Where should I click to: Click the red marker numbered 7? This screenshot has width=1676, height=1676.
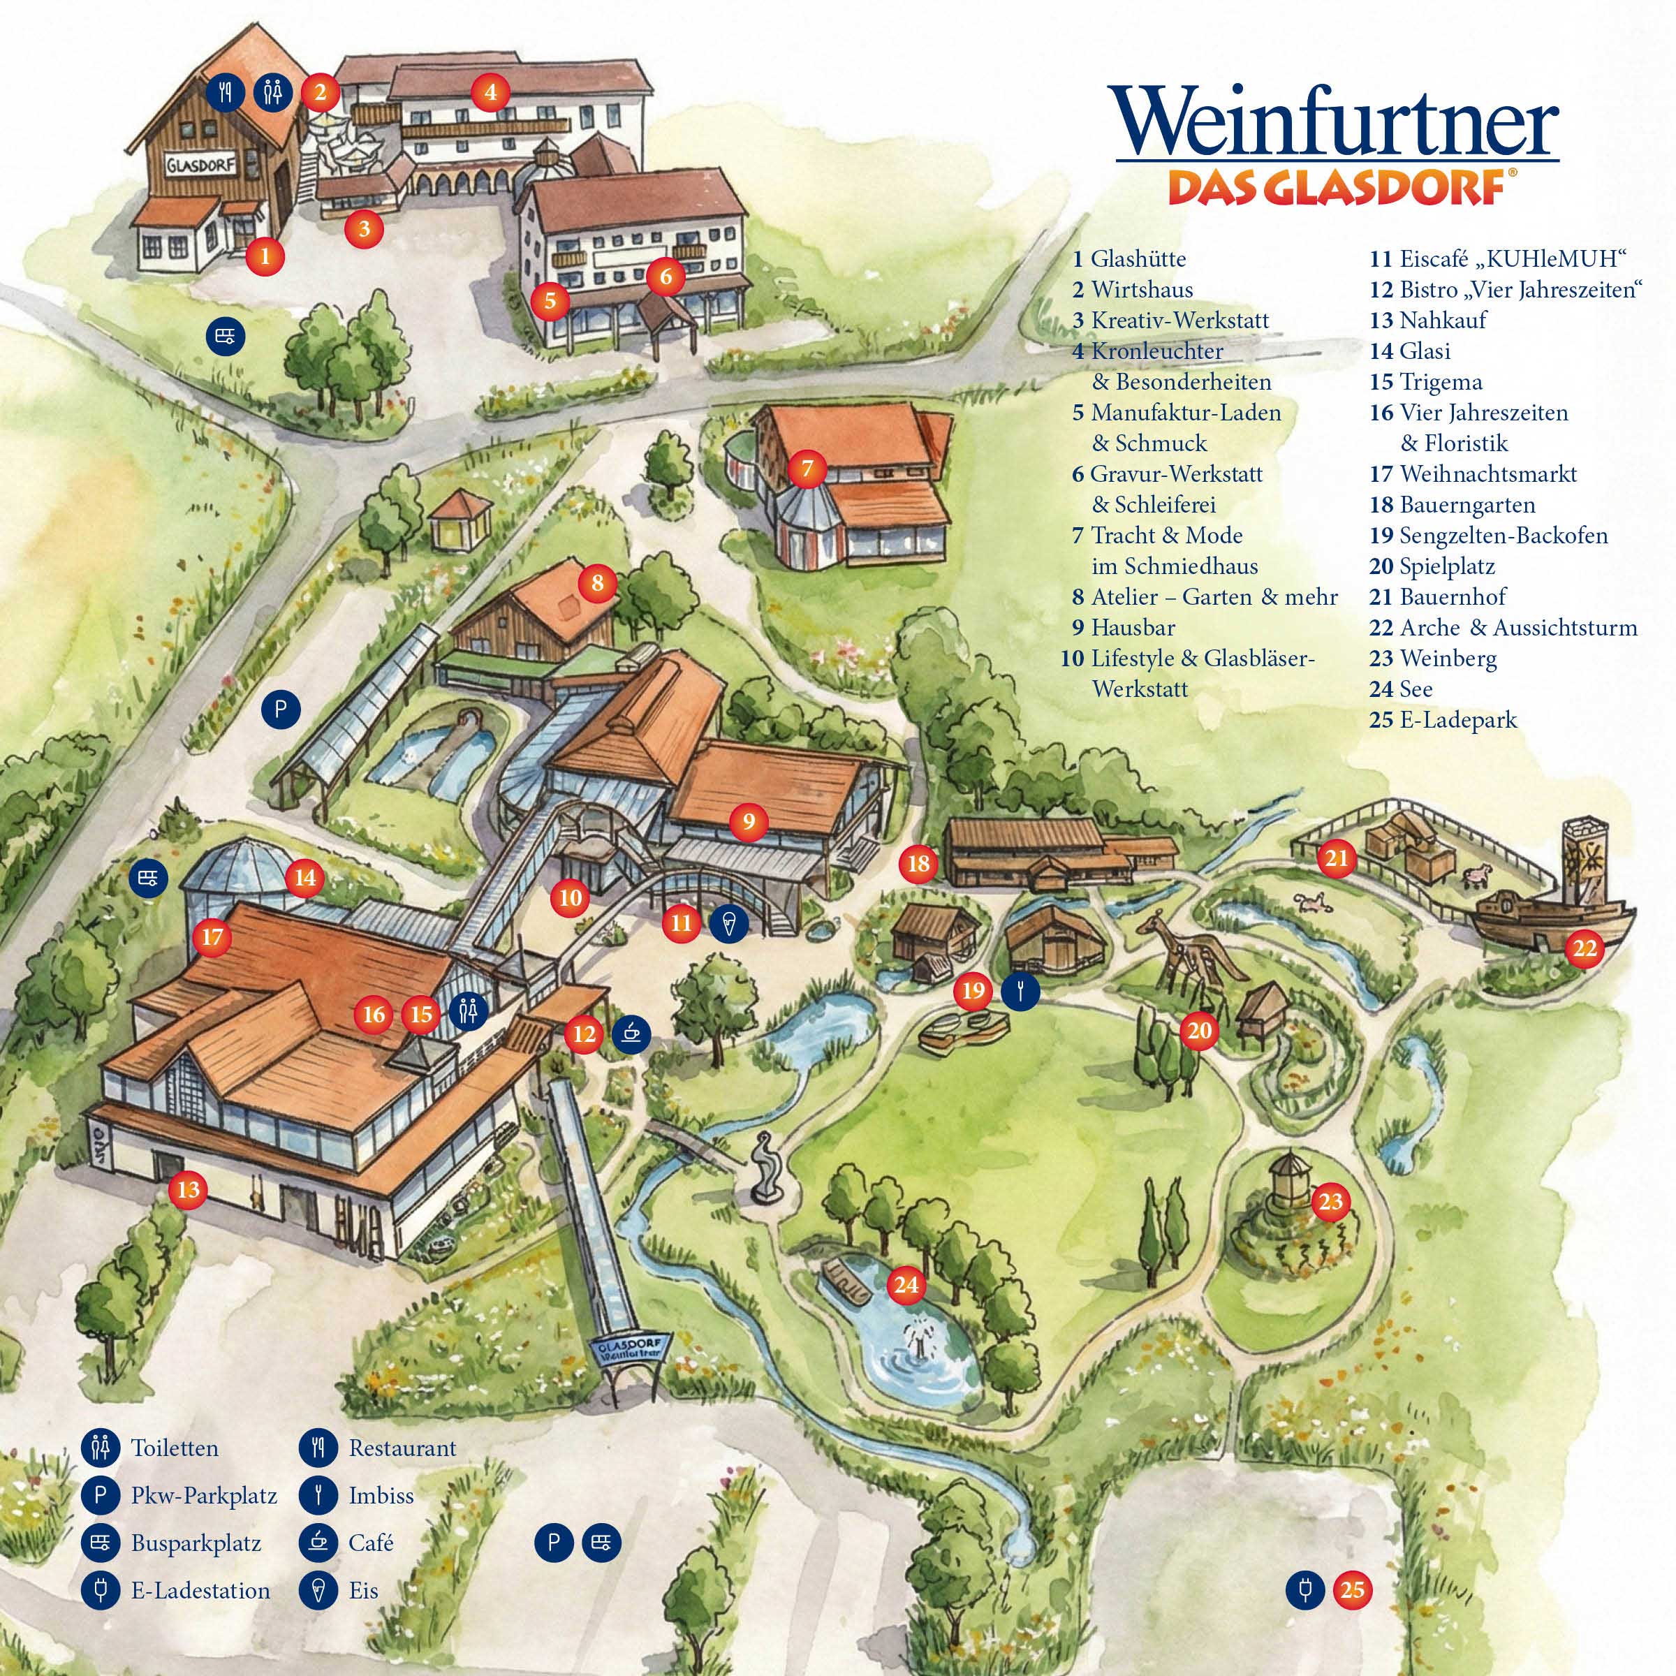click(x=807, y=469)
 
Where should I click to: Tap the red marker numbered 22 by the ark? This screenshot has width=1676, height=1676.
click(x=1584, y=948)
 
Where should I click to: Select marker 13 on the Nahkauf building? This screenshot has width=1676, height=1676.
click(x=189, y=1189)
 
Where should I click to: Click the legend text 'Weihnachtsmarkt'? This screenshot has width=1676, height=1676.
click(x=1487, y=473)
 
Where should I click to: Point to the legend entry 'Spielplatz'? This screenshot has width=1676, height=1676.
click(x=1446, y=566)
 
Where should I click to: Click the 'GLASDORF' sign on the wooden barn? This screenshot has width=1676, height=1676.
click(x=200, y=165)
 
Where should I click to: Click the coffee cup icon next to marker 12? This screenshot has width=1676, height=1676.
click(x=631, y=1032)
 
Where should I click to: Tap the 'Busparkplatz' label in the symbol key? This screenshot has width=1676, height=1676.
click(x=196, y=1543)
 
